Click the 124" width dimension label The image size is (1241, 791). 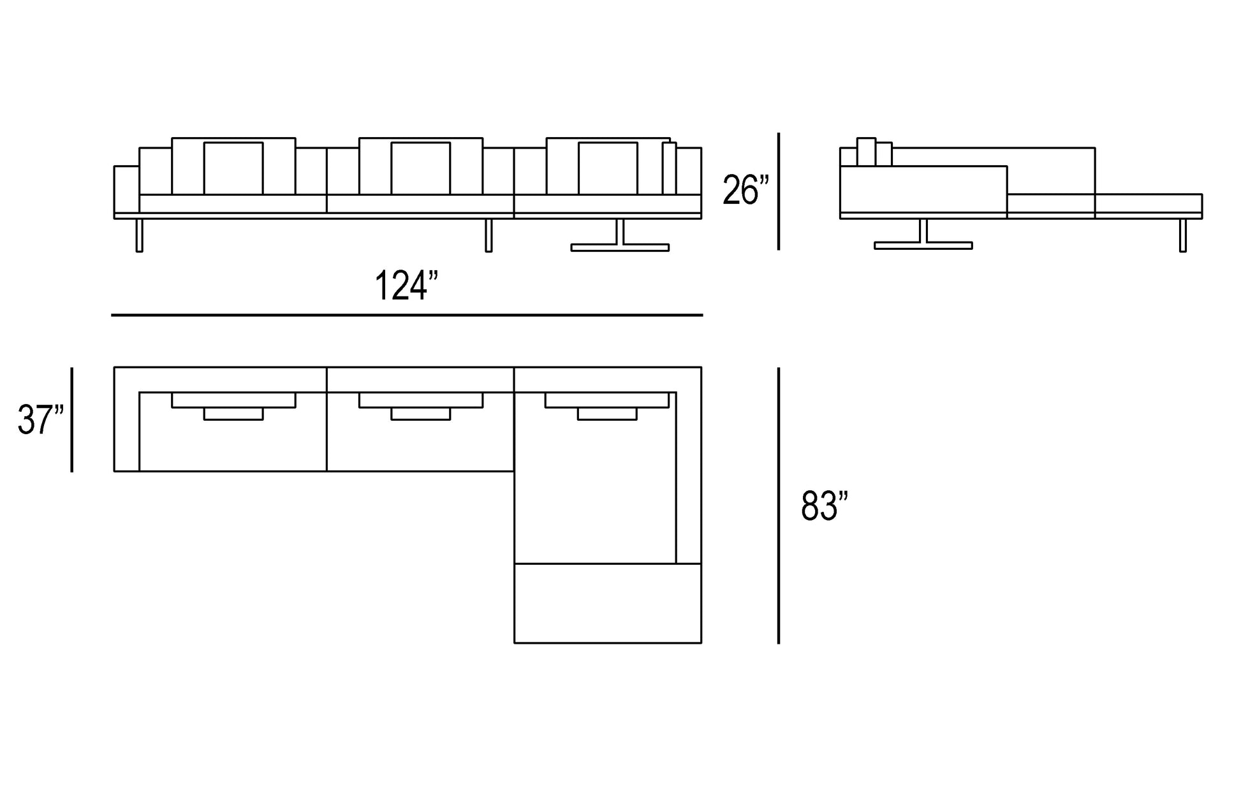(406, 286)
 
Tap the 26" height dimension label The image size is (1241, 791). (745, 191)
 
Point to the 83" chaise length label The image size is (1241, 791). (824, 507)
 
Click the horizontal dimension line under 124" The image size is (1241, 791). (407, 315)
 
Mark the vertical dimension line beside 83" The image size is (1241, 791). (779, 505)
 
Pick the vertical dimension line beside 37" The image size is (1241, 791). (72, 419)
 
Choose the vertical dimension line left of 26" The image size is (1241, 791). (779, 191)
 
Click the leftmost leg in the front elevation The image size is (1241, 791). (140, 235)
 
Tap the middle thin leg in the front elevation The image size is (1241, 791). (488, 235)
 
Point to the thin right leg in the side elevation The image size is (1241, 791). (1183, 235)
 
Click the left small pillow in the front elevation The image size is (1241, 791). (233, 168)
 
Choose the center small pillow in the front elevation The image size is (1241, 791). (420, 168)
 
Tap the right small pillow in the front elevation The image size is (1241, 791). (608, 168)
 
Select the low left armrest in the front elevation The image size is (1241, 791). (126, 189)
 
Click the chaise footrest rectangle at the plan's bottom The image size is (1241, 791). (608, 603)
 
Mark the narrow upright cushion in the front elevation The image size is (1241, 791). (669, 168)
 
